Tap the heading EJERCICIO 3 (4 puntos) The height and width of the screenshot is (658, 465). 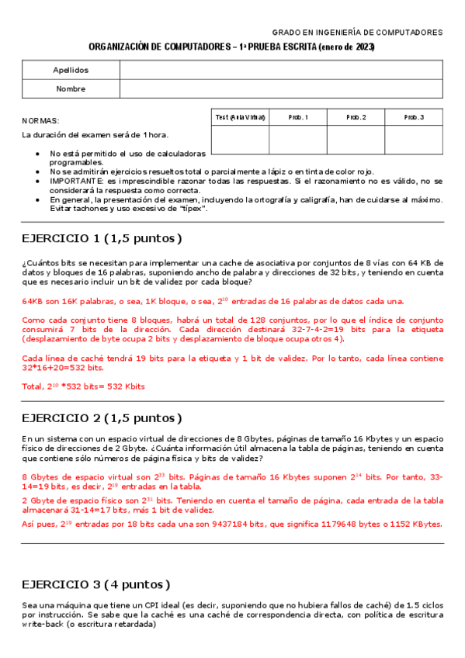[95, 584]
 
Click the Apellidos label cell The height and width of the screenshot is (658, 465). [71, 70]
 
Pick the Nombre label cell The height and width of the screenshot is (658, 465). [71, 88]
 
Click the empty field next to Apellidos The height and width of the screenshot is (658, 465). [281, 70]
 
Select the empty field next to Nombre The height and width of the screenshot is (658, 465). [281, 88]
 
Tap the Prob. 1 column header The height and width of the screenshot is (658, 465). [298, 117]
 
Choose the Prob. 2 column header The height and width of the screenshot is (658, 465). [356, 117]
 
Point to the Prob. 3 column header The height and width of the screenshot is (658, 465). [414, 117]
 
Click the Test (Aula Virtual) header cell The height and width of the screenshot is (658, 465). [240, 117]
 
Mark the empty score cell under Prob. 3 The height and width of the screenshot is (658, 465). [414, 140]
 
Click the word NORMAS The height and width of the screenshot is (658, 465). [40, 121]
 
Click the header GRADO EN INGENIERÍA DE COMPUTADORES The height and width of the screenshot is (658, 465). [357, 33]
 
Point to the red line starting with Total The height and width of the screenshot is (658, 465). [83, 386]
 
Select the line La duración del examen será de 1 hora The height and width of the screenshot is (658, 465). [95, 135]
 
